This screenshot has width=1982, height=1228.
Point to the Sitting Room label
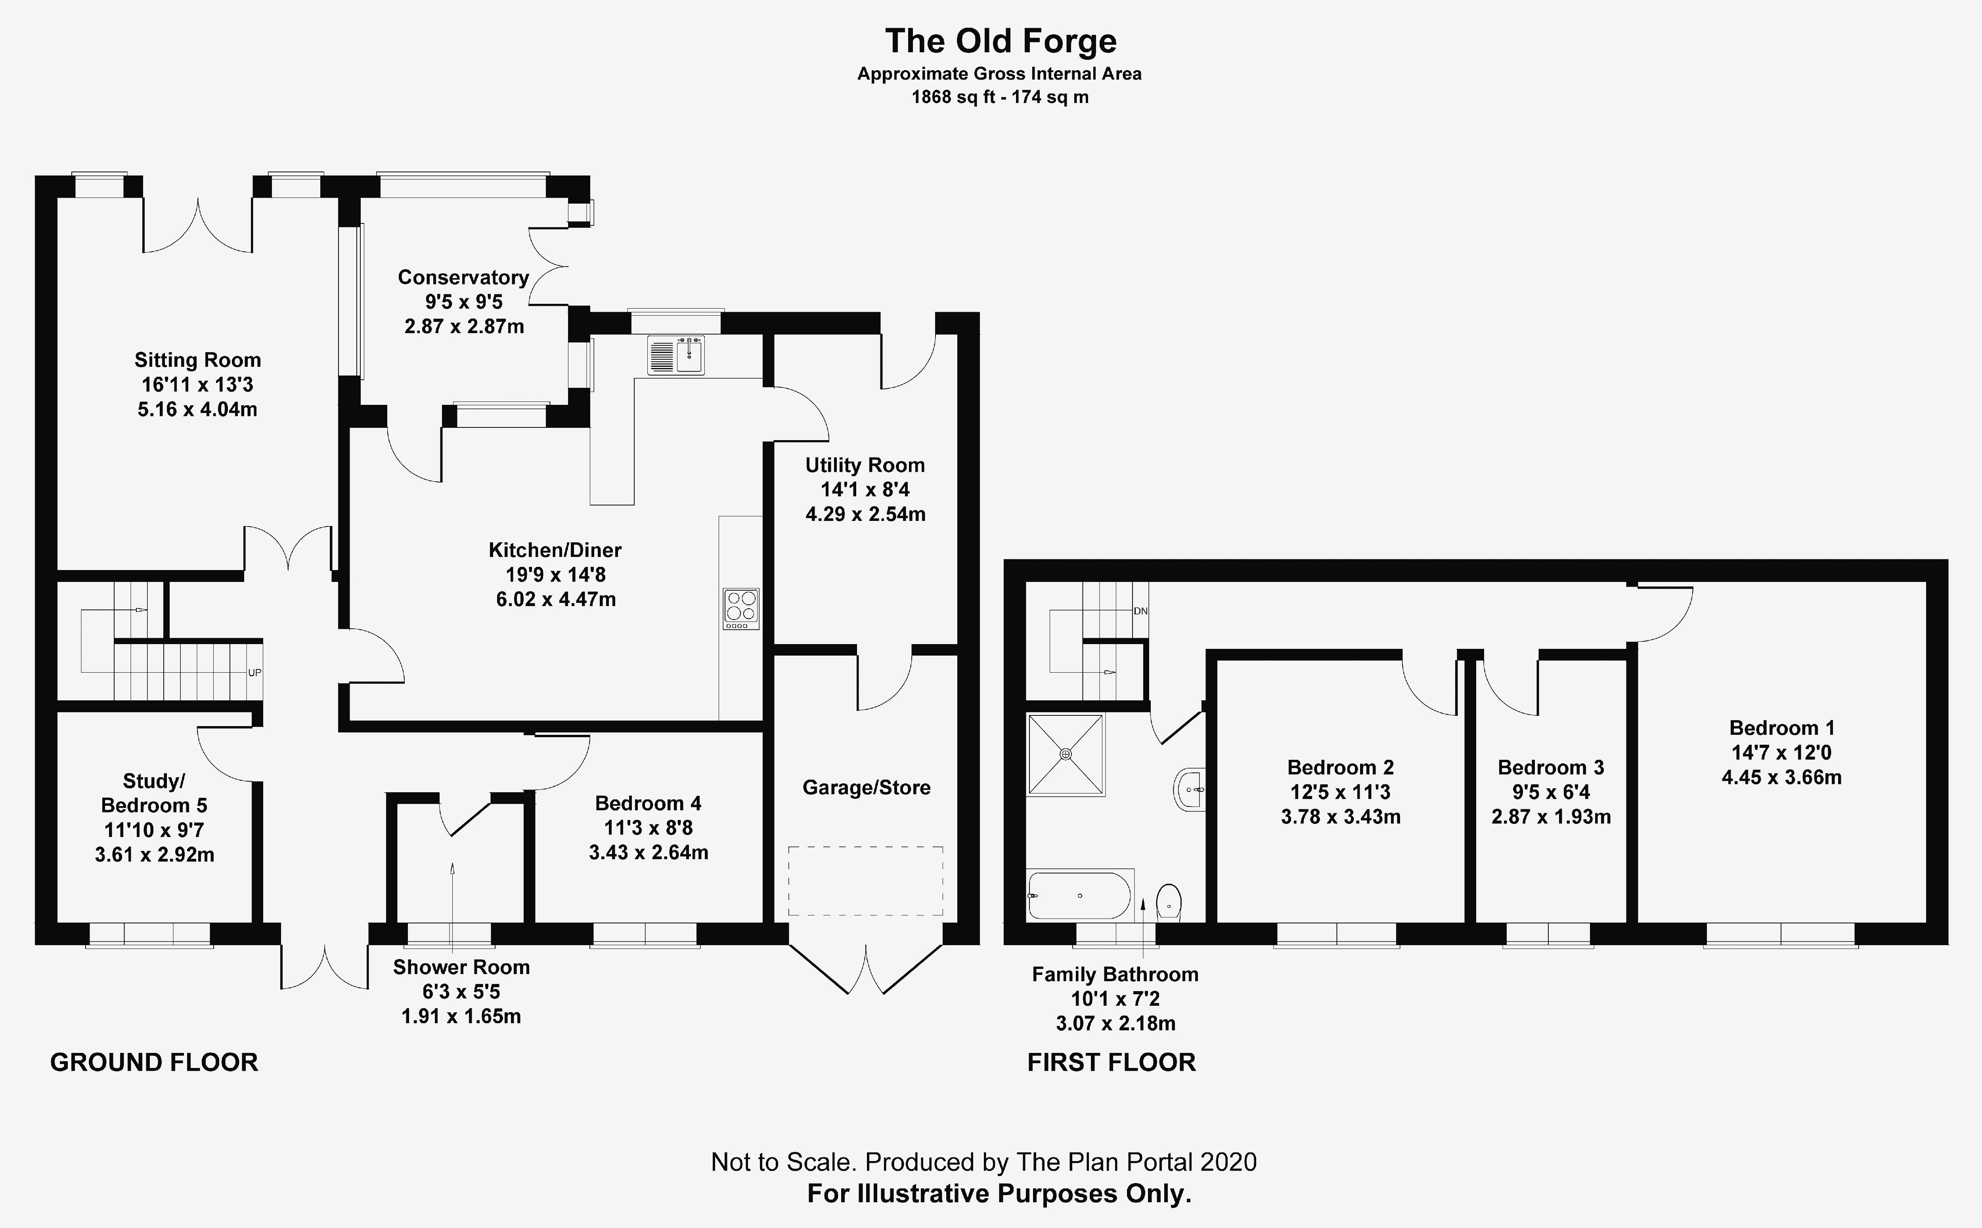click(x=197, y=360)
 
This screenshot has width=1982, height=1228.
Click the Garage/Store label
click(x=866, y=787)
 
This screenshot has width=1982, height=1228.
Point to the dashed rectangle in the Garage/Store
click(x=865, y=881)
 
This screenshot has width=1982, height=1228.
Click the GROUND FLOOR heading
click(x=155, y=1062)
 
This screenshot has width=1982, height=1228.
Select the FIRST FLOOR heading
click(x=1112, y=1062)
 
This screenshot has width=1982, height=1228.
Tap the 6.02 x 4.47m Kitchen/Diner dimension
click(x=556, y=599)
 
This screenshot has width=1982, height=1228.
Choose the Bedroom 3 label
click(x=1550, y=768)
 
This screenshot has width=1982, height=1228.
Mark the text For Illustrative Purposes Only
click(x=1000, y=1193)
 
